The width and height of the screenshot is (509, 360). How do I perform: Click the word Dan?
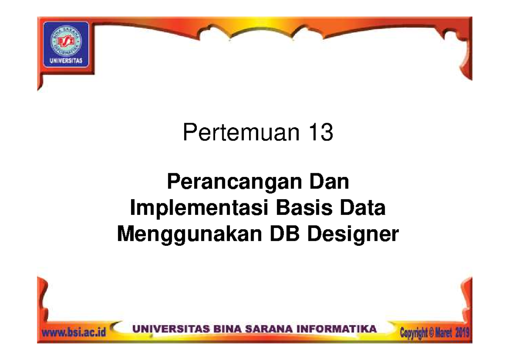pos(329,183)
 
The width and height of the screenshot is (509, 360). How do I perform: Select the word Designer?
pos(352,235)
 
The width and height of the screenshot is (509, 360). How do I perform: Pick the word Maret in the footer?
pos(442,333)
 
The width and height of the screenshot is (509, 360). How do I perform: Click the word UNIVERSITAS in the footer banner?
pos(168,329)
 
